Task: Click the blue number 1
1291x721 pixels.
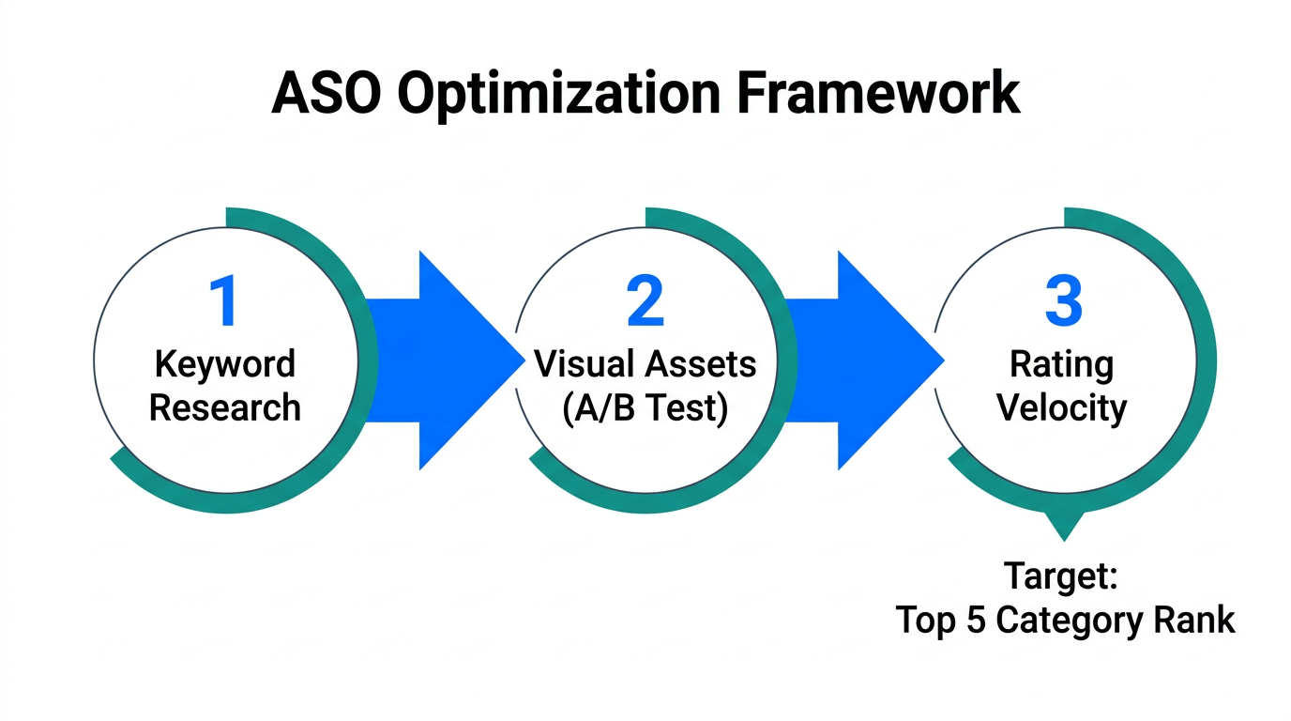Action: pyautogui.click(x=223, y=301)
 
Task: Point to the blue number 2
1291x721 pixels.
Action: pyautogui.click(x=645, y=301)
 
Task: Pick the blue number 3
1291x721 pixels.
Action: pyautogui.click(x=1063, y=301)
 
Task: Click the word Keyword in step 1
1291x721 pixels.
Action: pyautogui.click(x=225, y=364)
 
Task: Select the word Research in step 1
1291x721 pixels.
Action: pyautogui.click(x=225, y=408)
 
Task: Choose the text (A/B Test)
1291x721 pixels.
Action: pyautogui.click(x=645, y=409)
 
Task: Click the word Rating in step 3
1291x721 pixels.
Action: pyautogui.click(x=1062, y=364)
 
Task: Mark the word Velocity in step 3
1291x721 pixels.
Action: pyautogui.click(x=1062, y=408)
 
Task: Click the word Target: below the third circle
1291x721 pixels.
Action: pyautogui.click(x=1061, y=575)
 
